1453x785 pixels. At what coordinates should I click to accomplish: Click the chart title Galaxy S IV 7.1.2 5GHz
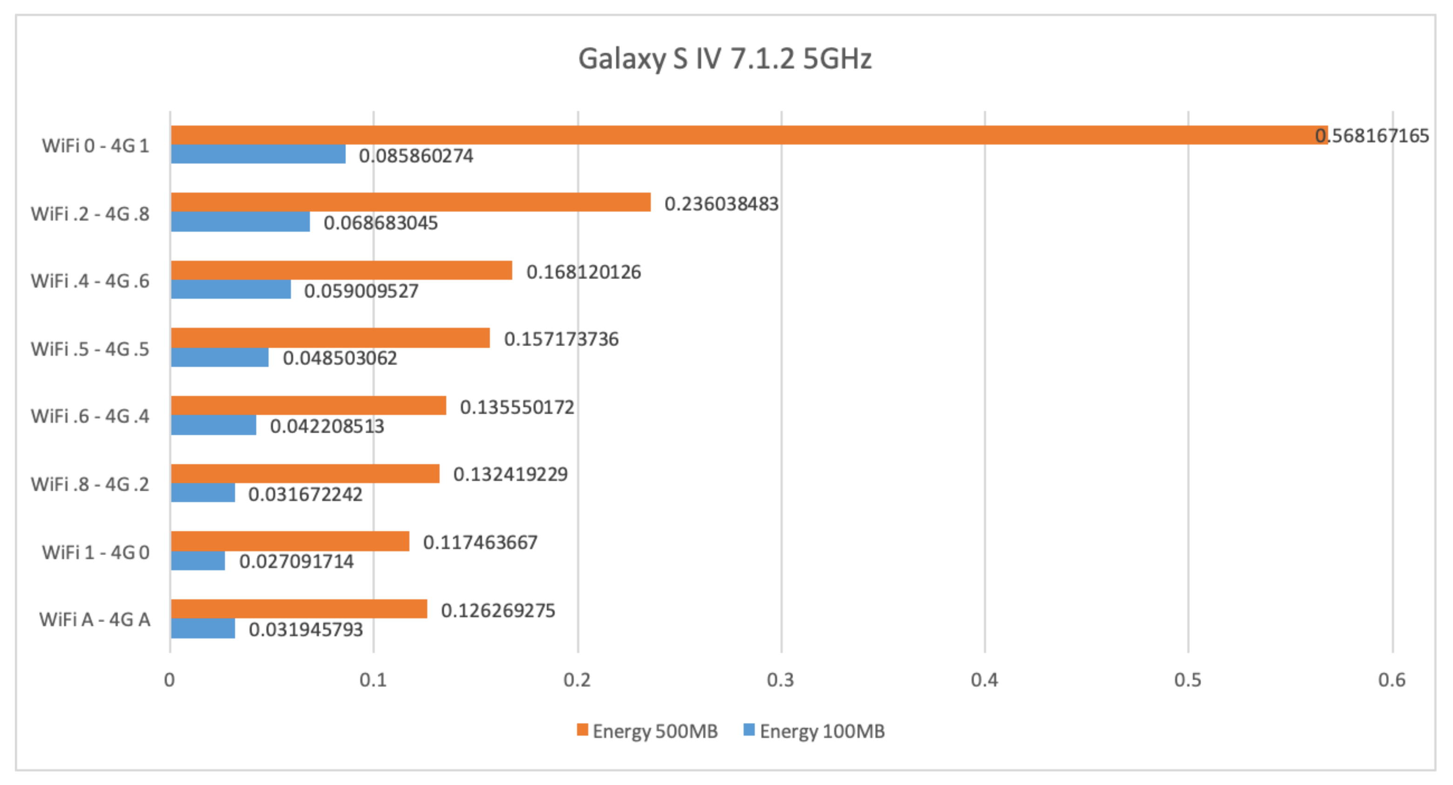725,59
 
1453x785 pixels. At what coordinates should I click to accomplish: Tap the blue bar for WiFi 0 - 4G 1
258,155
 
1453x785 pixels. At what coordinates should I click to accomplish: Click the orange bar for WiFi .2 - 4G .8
411,203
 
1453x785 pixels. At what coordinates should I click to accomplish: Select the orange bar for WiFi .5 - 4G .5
330,338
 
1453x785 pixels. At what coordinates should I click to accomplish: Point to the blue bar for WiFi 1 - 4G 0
198,561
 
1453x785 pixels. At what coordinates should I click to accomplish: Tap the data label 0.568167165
1372,136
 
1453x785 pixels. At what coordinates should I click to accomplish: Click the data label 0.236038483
721,203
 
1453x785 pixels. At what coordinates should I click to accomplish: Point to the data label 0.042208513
326,426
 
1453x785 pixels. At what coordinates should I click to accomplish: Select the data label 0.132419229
510,474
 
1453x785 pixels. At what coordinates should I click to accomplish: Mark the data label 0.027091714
296,562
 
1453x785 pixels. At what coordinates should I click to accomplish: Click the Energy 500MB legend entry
647,731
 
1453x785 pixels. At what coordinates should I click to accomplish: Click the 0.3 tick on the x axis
781,680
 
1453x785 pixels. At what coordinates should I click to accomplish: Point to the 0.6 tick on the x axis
1392,680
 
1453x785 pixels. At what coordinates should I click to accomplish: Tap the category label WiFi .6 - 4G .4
90,416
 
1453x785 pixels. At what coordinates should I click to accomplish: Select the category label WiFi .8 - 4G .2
90,484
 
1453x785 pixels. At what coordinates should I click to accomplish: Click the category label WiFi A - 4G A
95,620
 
